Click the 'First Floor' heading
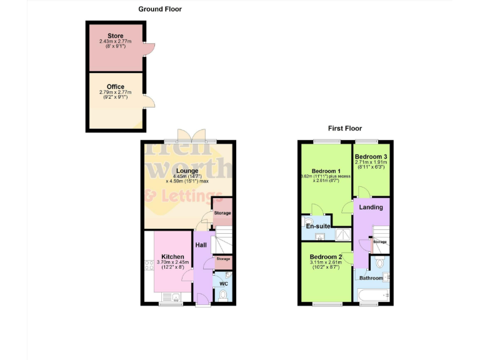pos(345,128)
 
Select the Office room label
pos(116,87)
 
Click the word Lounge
pos(187,171)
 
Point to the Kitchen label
pos(172,256)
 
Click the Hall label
pos(201,246)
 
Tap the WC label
pos(224,282)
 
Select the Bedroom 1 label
pos(326,171)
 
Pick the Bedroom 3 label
pos(371,156)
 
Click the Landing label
pos(371,207)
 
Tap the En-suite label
pos(318,226)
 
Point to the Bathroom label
pos(371,278)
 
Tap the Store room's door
pos(149,47)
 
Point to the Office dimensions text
pos(116,94)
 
